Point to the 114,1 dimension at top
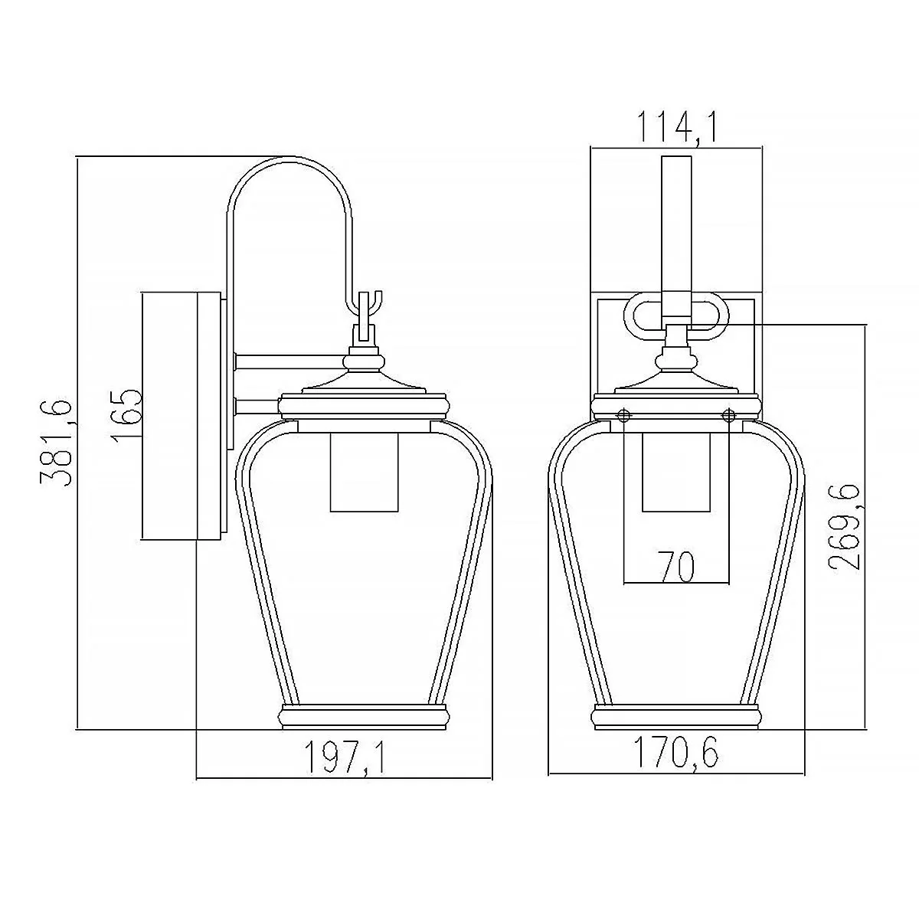(677, 127)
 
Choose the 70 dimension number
(676, 567)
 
